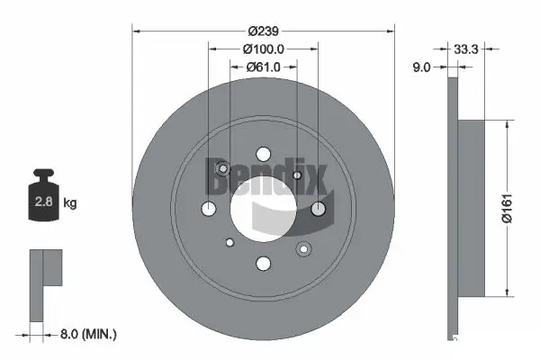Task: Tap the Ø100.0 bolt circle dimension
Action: tap(263, 50)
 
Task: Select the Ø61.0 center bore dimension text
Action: tap(263, 67)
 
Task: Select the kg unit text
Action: tap(70, 203)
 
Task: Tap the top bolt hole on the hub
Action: tap(263, 153)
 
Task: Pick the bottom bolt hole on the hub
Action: tap(263, 263)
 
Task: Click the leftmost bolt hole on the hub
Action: tap(208, 209)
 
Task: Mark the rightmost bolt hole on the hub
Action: tap(318, 209)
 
